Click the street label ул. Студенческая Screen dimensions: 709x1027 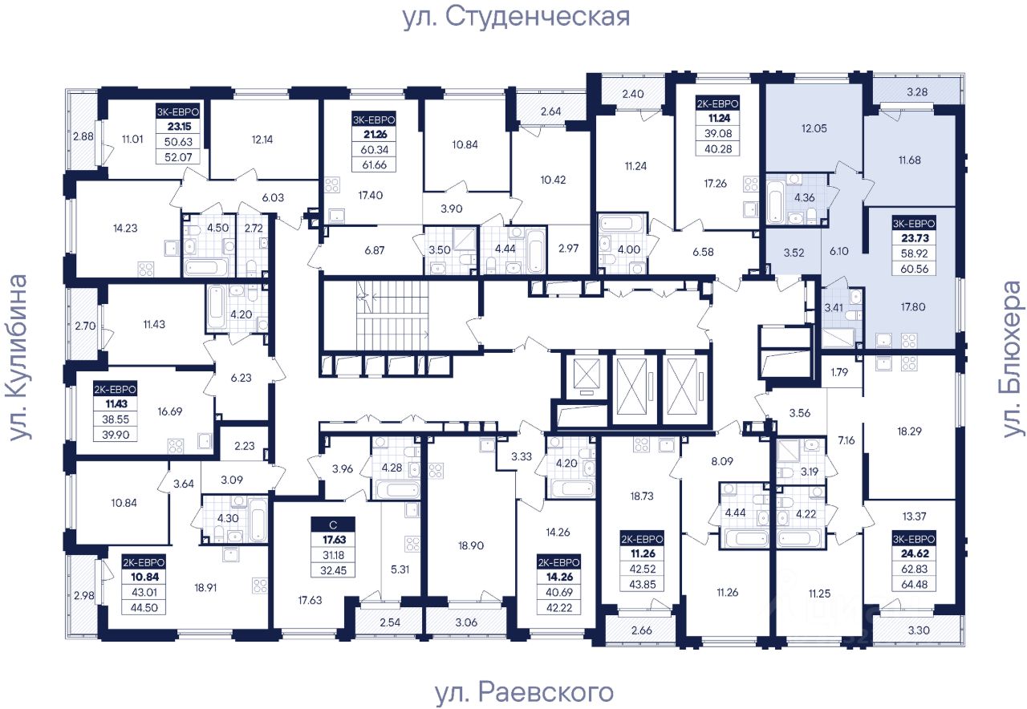coord(516,16)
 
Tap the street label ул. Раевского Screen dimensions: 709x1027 coord(524,691)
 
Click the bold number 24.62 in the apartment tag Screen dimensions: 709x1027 coord(914,550)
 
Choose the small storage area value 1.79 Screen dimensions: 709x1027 coord(839,371)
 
